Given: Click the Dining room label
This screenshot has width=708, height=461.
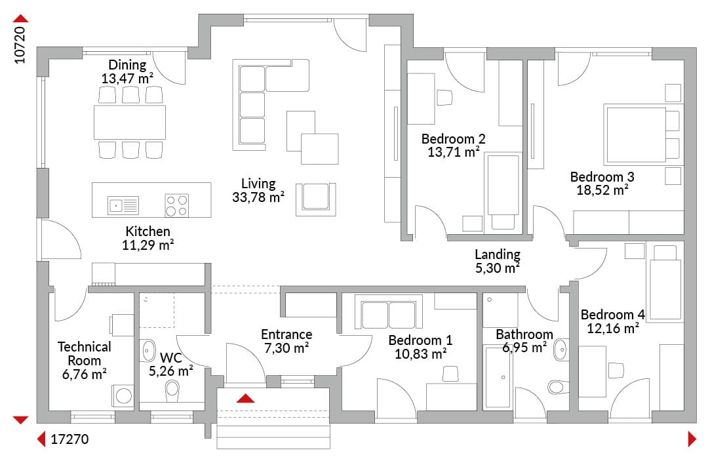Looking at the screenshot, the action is click(x=127, y=65).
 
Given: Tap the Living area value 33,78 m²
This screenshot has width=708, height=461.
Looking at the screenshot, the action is click(x=258, y=197).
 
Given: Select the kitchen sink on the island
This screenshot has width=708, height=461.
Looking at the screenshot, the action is click(x=123, y=205).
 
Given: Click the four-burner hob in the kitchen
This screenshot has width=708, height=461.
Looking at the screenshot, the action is click(x=176, y=205).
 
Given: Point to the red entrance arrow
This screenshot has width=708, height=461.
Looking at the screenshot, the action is click(x=245, y=398).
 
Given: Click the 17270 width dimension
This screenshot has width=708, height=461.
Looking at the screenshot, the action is click(x=69, y=439).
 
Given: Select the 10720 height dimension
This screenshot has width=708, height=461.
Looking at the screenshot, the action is click(x=20, y=45).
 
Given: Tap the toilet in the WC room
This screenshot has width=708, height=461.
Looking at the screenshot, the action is click(x=172, y=391).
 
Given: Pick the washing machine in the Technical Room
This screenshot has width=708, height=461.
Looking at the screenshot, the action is click(x=123, y=396).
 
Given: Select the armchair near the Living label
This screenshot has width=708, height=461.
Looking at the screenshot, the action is click(x=315, y=199).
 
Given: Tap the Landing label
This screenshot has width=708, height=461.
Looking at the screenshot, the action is click(x=498, y=254).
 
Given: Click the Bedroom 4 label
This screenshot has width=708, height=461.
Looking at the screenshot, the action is click(x=612, y=314).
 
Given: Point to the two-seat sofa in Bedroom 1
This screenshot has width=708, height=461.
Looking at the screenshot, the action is click(x=389, y=312).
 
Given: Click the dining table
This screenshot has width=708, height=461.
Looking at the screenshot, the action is click(x=130, y=123).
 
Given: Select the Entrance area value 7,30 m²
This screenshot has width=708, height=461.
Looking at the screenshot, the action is click(x=286, y=348).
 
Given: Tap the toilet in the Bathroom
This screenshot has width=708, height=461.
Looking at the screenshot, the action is click(x=559, y=387).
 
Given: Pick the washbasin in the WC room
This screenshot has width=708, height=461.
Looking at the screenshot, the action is click(x=147, y=351).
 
